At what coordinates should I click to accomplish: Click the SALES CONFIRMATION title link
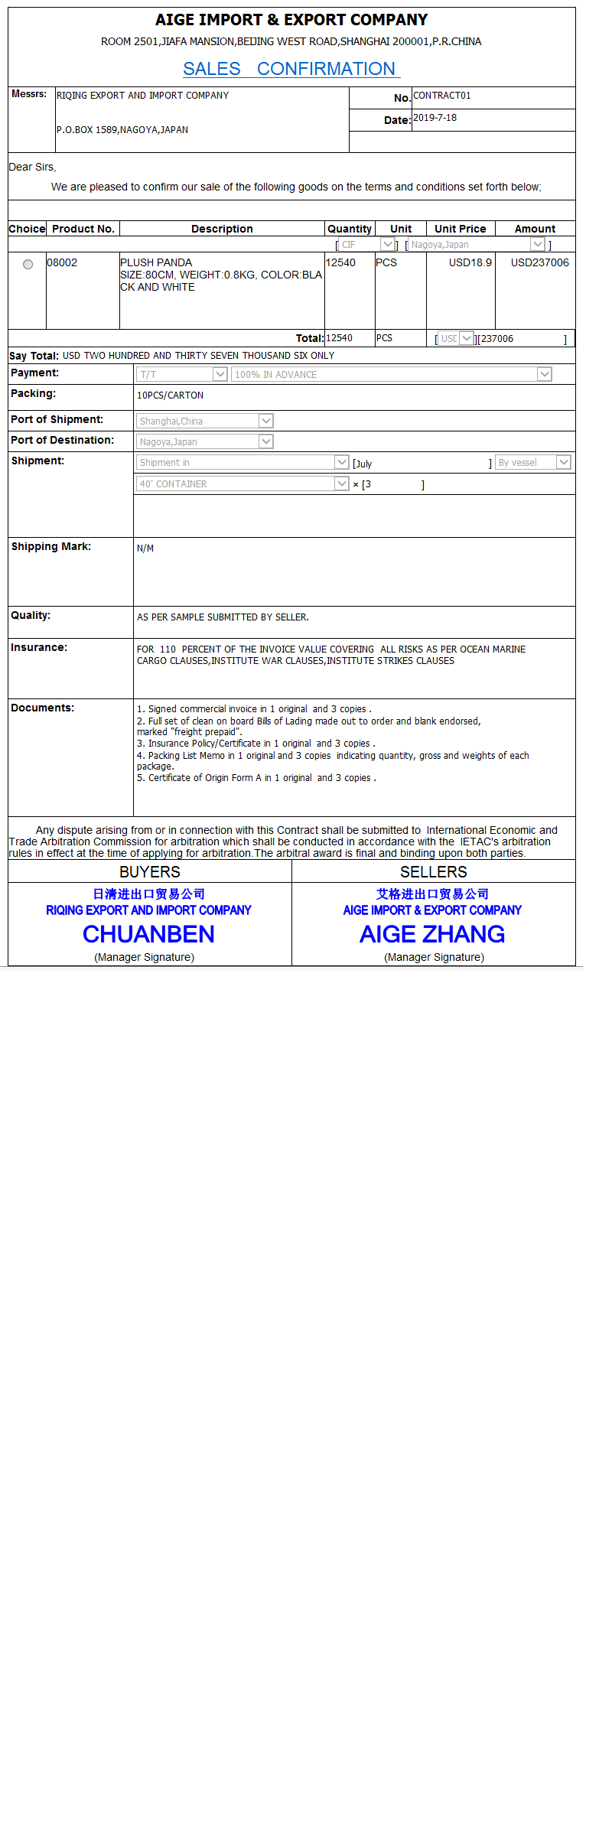[x=290, y=69]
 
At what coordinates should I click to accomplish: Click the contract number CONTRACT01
[x=442, y=96]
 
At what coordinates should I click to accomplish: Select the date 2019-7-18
[x=435, y=118]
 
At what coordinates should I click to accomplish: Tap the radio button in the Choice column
[x=28, y=264]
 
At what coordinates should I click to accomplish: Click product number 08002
[x=62, y=262]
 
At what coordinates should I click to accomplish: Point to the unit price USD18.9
[x=470, y=262]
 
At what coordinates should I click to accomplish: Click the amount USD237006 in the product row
[x=539, y=262]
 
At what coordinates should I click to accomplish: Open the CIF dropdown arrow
[x=388, y=244]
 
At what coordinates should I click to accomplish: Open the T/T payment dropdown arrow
[x=220, y=374]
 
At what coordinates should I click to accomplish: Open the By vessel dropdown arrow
[x=564, y=462]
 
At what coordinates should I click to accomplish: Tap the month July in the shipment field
[x=364, y=464]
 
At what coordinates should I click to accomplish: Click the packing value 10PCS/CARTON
[x=170, y=396]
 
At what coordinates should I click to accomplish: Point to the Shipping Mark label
[x=50, y=546]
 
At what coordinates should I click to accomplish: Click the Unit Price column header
[x=460, y=229]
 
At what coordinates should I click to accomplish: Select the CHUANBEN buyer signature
[x=148, y=934]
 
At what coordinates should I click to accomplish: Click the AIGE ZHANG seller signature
[x=432, y=934]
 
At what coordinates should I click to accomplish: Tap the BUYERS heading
[x=150, y=872]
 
